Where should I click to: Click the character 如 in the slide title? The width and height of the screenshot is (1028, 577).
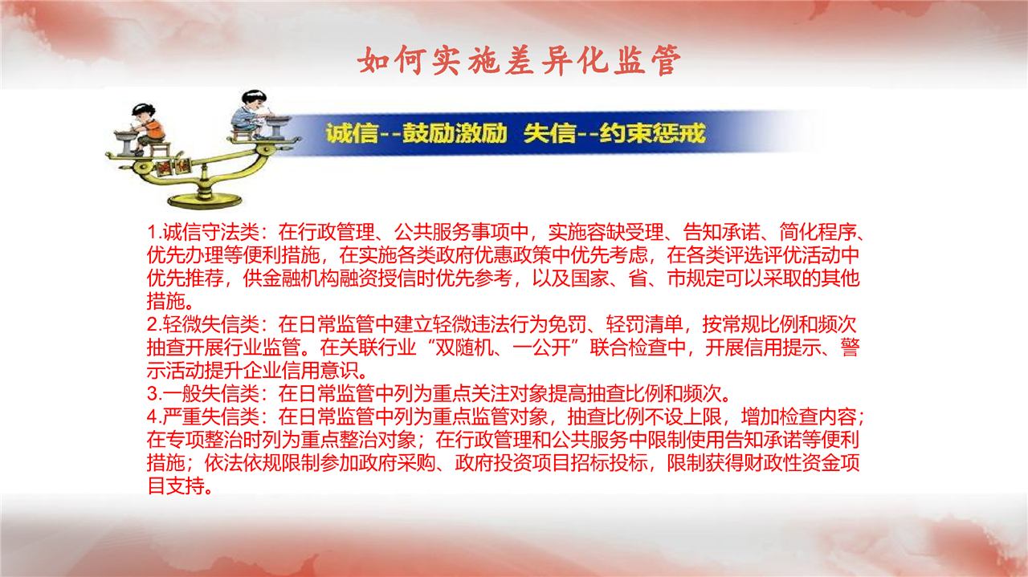pos(373,60)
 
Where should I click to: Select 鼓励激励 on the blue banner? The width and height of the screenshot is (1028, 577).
pos(455,133)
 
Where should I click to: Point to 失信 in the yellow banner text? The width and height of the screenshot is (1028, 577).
pos(549,133)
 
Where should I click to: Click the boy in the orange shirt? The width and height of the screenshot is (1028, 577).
pos(147,127)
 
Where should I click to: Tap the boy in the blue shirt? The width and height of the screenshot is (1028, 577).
pos(250,114)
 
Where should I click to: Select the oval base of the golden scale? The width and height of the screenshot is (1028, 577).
pos(205,201)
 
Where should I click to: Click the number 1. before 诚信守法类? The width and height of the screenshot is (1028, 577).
pos(155,232)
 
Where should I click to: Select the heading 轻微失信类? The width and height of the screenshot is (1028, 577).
pos(211,324)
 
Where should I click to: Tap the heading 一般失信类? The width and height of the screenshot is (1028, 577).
pos(211,393)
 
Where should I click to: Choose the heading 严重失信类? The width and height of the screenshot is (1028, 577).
pos(211,416)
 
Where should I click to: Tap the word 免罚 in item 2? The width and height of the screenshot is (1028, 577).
pos(568,324)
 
